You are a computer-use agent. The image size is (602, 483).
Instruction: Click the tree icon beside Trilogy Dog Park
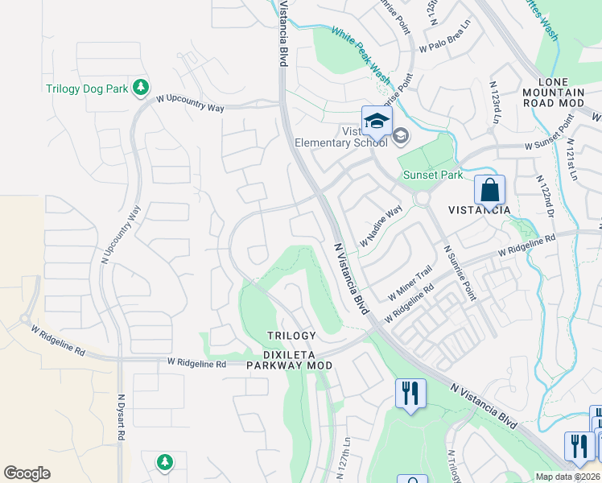coord(142,87)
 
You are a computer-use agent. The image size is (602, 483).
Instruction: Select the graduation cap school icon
coord(376,122)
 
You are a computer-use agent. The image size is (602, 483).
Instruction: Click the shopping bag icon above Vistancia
coord(489,191)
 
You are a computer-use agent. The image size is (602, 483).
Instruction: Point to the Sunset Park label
coord(432,175)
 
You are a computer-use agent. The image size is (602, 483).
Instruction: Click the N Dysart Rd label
coord(122,416)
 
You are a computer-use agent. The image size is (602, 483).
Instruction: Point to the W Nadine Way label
coord(381,226)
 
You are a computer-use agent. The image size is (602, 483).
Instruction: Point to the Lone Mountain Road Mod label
coord(553,93)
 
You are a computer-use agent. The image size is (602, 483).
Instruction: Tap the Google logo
coord(27,473)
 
